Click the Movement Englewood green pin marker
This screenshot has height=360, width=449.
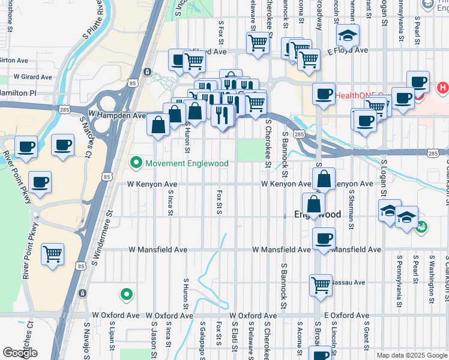[136, 163]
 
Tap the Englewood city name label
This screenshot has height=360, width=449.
[317, 214]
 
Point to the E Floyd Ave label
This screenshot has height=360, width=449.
[348, 51]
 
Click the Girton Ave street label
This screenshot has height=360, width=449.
[13, 61]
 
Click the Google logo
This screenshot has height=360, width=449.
[20, 353]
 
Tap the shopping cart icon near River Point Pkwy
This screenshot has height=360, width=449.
[52, 254]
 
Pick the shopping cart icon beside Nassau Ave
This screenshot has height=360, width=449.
[321, 284]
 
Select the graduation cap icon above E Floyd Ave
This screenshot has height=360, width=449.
[348, 35]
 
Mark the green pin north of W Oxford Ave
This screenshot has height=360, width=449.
[126, 294]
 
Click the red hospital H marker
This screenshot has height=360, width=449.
[443, 88]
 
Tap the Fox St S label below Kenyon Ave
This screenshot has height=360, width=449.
[219, 202]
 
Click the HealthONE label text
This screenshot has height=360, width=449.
[355, 95]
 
